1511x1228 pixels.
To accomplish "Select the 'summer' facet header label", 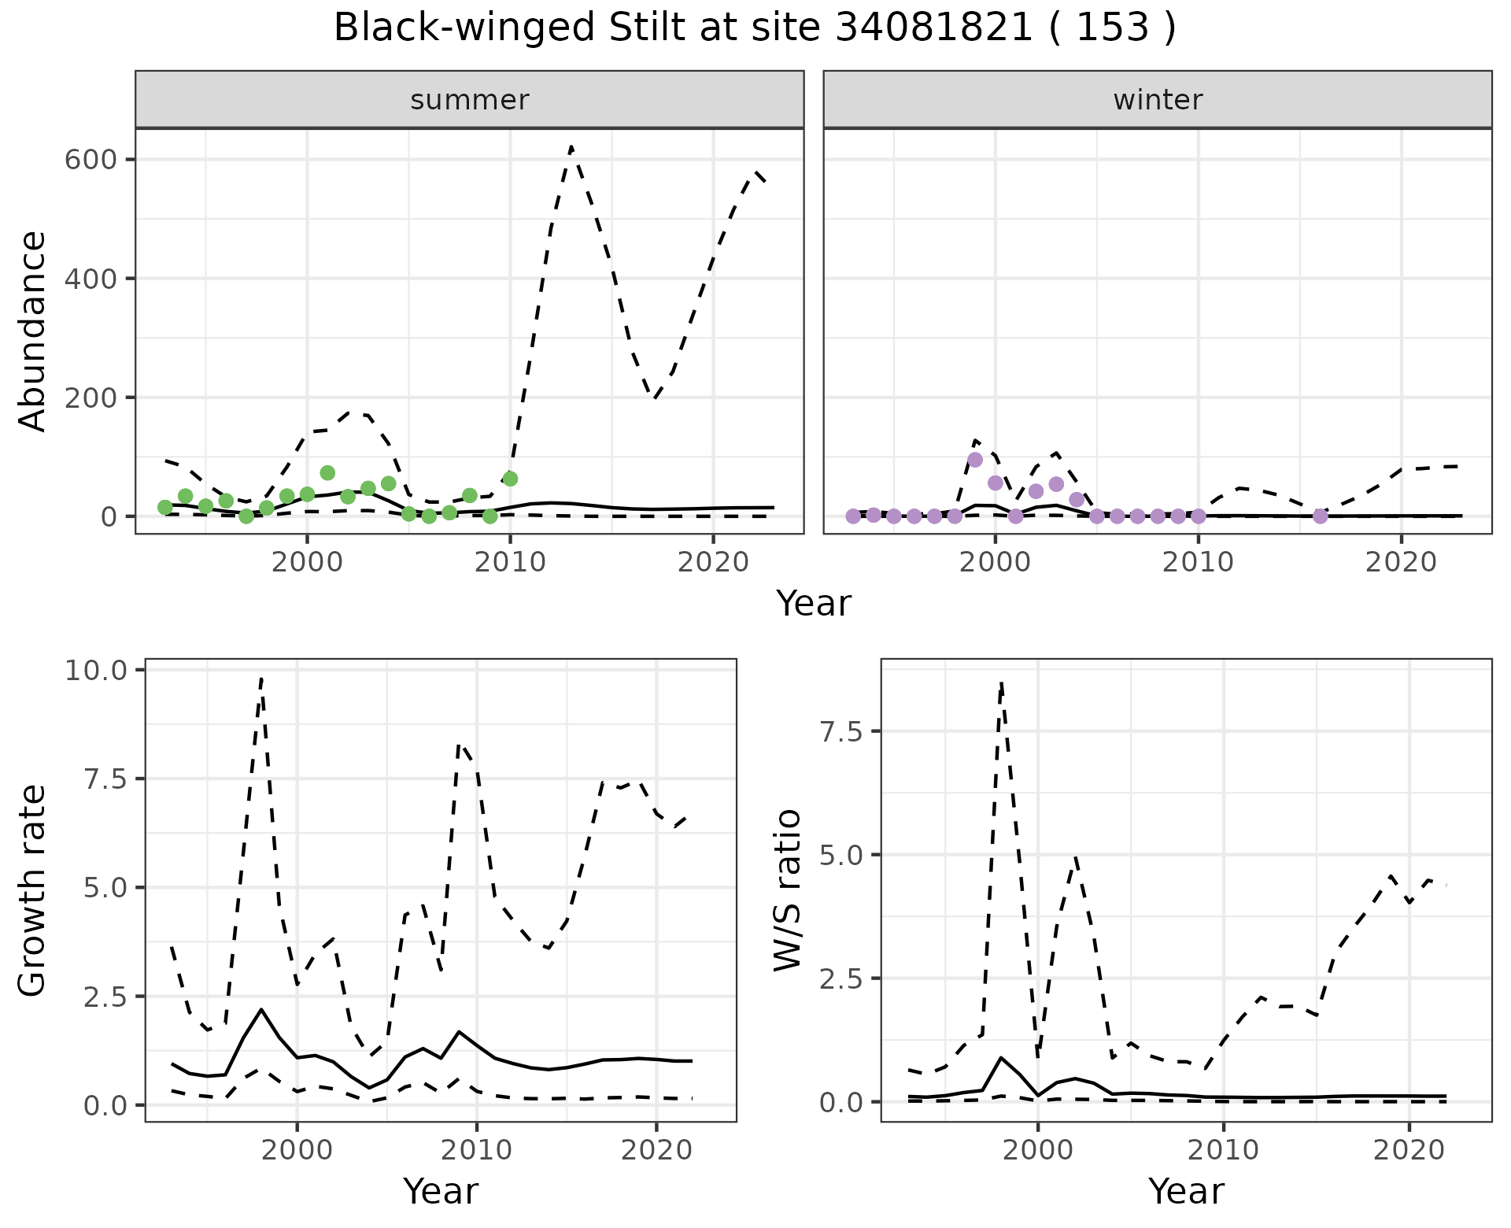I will click(x=470, y=100).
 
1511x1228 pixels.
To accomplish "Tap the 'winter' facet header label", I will click(x=1158, y=100).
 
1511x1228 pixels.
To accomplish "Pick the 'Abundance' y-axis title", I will click(x=33, y=331).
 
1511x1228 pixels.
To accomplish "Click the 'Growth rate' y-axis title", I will click(x=33, y=890).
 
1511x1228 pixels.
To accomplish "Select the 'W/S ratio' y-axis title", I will click(x=787, y=890).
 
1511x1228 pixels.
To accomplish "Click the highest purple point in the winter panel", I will click(x=975, y=460).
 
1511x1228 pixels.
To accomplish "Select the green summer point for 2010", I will click(x=510, y=479).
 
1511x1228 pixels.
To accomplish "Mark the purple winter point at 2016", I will click(x=1321, y=516).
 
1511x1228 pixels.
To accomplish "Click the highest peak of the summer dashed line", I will click(x=571, y=146).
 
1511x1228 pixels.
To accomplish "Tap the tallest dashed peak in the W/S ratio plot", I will click(x=1001, y=682).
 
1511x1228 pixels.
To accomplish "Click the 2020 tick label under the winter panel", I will click(x=1401, y=563).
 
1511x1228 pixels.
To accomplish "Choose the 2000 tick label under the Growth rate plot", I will click(x=297, y=1150).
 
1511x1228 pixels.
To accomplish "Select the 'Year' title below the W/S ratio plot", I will click(x=1186, y=1191).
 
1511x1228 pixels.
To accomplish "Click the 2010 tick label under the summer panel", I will click(x=510, y=563).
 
